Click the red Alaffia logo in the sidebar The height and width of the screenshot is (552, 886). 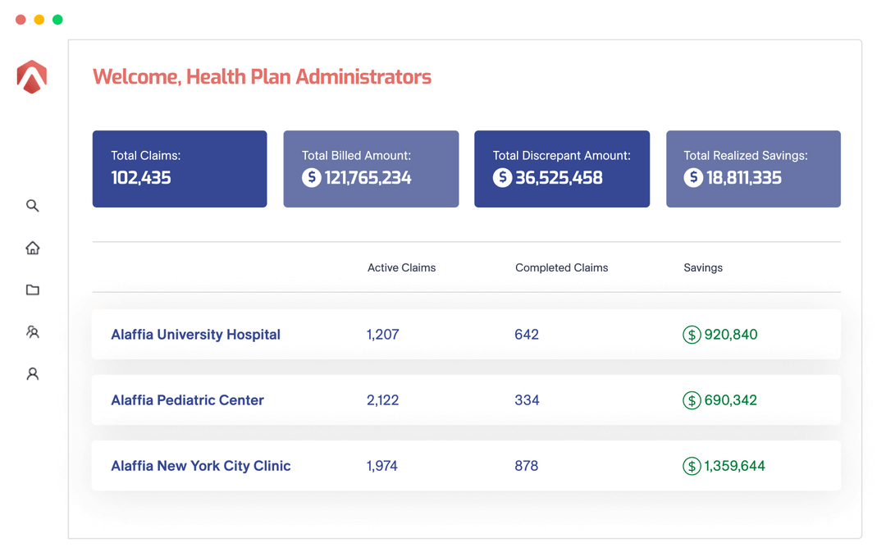[32, 77]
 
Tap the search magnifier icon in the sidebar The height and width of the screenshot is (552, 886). [33, 206]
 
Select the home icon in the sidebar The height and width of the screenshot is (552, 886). [33, 248]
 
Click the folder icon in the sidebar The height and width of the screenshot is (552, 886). [33, 290]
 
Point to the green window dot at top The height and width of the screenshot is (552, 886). [57, 20]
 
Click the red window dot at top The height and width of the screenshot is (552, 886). [21, 20]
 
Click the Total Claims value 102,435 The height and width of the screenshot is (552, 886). [141, 177]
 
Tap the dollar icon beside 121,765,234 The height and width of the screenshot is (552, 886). [311, 177]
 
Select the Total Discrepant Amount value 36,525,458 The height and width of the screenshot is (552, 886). [559, 177]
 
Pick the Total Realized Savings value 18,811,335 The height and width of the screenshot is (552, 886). [744, 177]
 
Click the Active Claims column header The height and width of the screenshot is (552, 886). [401, 267]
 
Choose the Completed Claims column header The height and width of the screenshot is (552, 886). [562, 267]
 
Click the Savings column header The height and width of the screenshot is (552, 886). [703, 267]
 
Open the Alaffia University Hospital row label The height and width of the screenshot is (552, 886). [195, 335]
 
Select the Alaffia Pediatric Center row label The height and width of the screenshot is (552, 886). [187, 400]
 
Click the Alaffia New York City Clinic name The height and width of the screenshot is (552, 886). [201, 466]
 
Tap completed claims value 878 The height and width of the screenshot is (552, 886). [527, 466]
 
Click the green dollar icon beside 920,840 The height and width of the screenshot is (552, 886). [692, 335]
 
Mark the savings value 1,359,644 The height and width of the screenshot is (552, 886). [735, 466]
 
